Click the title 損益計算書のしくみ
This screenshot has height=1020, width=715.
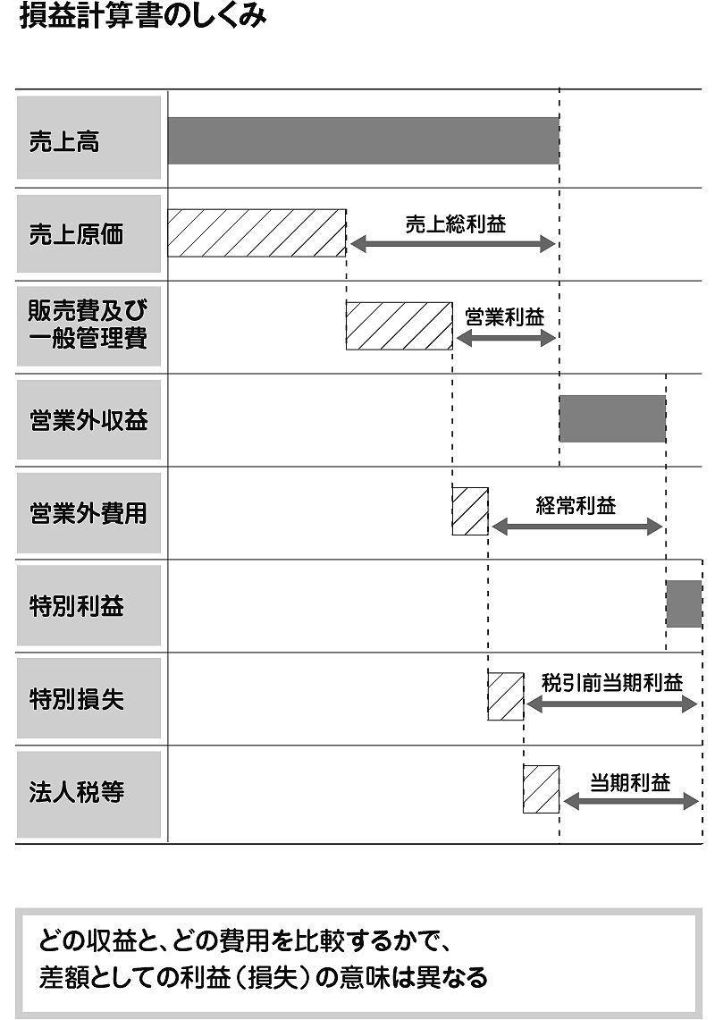(142, 15)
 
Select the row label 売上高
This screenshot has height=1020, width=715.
(64, 141)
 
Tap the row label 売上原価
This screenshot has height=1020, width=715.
(76, 234)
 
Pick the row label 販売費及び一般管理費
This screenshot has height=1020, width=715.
(88, 324)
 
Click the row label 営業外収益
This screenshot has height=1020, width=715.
(88, 420)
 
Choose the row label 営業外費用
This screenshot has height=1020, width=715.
(88, 513)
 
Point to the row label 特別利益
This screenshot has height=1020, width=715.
(76, 606)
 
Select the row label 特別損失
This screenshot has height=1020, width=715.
(76, 699)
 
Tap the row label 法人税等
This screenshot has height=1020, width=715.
(76, 792)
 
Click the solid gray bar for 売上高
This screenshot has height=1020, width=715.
(363, 140)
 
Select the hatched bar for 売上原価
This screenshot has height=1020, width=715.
(257, 233)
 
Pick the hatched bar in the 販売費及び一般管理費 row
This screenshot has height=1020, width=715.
(399, 326)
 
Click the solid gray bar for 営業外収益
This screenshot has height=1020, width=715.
(612, 419)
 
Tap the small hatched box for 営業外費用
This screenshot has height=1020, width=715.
(470, 511)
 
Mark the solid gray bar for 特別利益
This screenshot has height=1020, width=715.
(684, 603)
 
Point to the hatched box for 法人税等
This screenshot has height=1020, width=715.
(541, 789)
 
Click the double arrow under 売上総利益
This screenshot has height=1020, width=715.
(453, 245)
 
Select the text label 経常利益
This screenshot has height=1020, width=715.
(576, 505)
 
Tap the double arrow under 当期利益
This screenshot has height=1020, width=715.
(630, 801)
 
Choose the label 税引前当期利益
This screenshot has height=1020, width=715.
(612, 682)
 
